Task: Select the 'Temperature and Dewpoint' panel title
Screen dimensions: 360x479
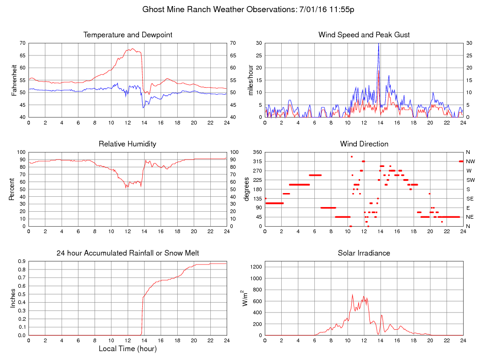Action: [128, 35]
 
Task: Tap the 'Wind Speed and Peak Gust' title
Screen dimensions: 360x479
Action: [364, 35]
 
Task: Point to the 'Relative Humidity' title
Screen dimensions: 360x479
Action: [128, 144]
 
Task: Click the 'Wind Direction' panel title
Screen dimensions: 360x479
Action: [364, 144]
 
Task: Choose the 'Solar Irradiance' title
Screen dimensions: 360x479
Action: [364, 253]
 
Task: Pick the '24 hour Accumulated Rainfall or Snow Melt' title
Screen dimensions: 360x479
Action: [128, 253]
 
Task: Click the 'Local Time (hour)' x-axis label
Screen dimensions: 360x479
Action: [128, 349]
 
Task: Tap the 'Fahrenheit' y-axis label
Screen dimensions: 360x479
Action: [14, 80]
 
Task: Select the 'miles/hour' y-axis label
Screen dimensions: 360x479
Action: [250, 80]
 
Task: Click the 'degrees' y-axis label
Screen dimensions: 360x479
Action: [247, 189]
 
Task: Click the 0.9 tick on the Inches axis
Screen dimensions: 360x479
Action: [21, 261]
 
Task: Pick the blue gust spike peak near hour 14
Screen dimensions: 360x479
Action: [379, 44]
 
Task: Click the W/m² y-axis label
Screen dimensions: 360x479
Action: [245, 298]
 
